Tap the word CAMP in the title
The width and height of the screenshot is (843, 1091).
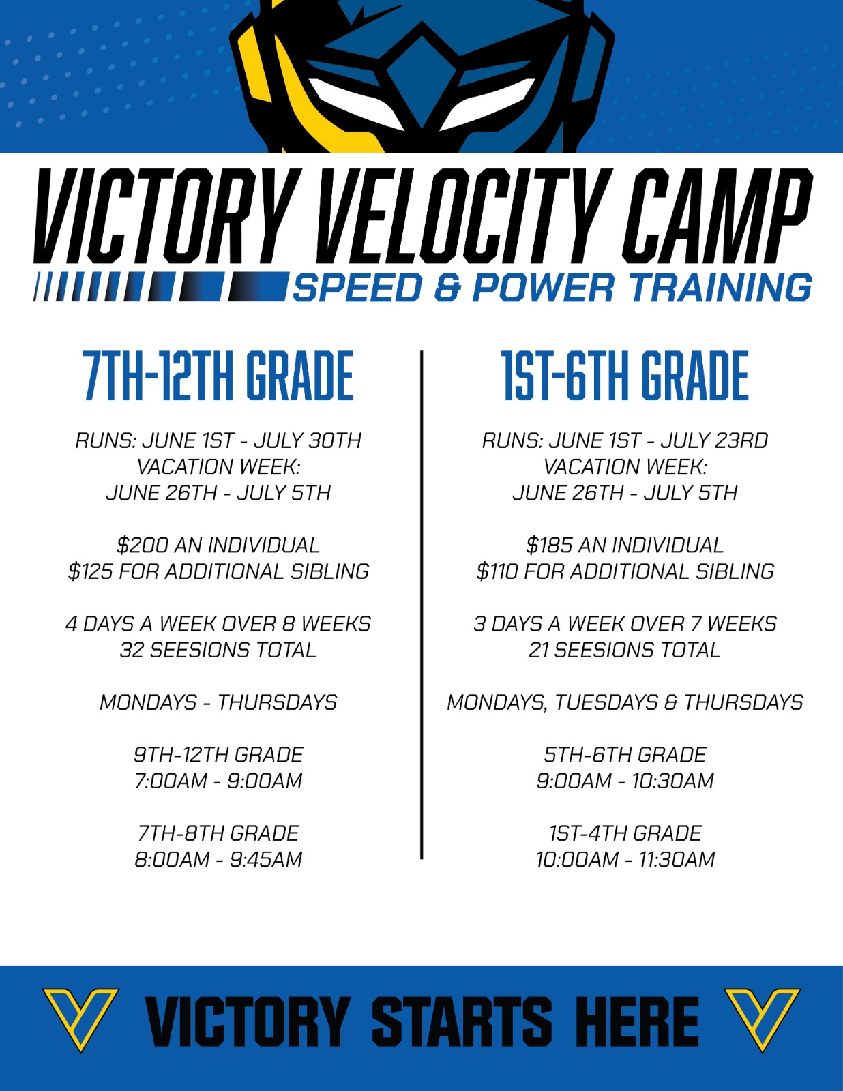pyautogui.click(x=717, y=215)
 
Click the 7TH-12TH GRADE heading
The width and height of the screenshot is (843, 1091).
pyautogui.click(x=219, y=376)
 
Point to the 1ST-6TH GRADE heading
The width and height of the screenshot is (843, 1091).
pyautogui.click(x=625, y=376)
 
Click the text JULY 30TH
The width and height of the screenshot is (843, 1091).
pyautogui.click(x=308, y=440)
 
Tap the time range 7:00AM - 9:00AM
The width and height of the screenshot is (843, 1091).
pyautogui.click(x=218, y=781)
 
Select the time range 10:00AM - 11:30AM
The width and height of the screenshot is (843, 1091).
pyautogui.click(x=625, y=859)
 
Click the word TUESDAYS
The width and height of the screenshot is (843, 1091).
pyautogui.click(x=606, y=702)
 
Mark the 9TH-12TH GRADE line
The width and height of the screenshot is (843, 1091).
pyautogui.click(x=218, y=755)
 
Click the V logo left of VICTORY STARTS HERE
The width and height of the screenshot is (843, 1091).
pyautogui.click(x=81, y=1019)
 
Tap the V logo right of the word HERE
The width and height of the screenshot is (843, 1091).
pyautogui.click(x=762, y=1019)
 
